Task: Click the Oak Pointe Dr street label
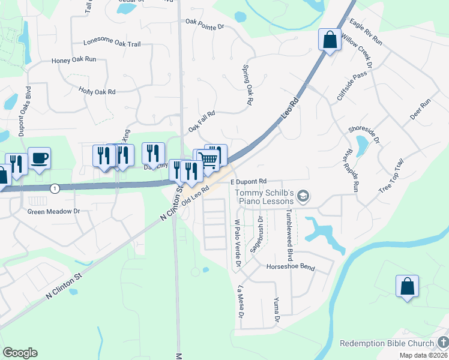coord(205,26)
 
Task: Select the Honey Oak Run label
coord(74,60)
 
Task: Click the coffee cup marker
coord(40,158)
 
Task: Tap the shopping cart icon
coord(208,159)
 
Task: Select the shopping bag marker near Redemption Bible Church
coord(407,286)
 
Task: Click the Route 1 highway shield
coord(55,188)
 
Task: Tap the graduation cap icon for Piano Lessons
coord(304,196)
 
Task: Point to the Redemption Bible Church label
coord(387,343)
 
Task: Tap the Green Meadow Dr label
coord(54,211)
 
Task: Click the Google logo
coord(20,353)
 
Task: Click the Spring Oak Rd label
coord(247,85)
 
